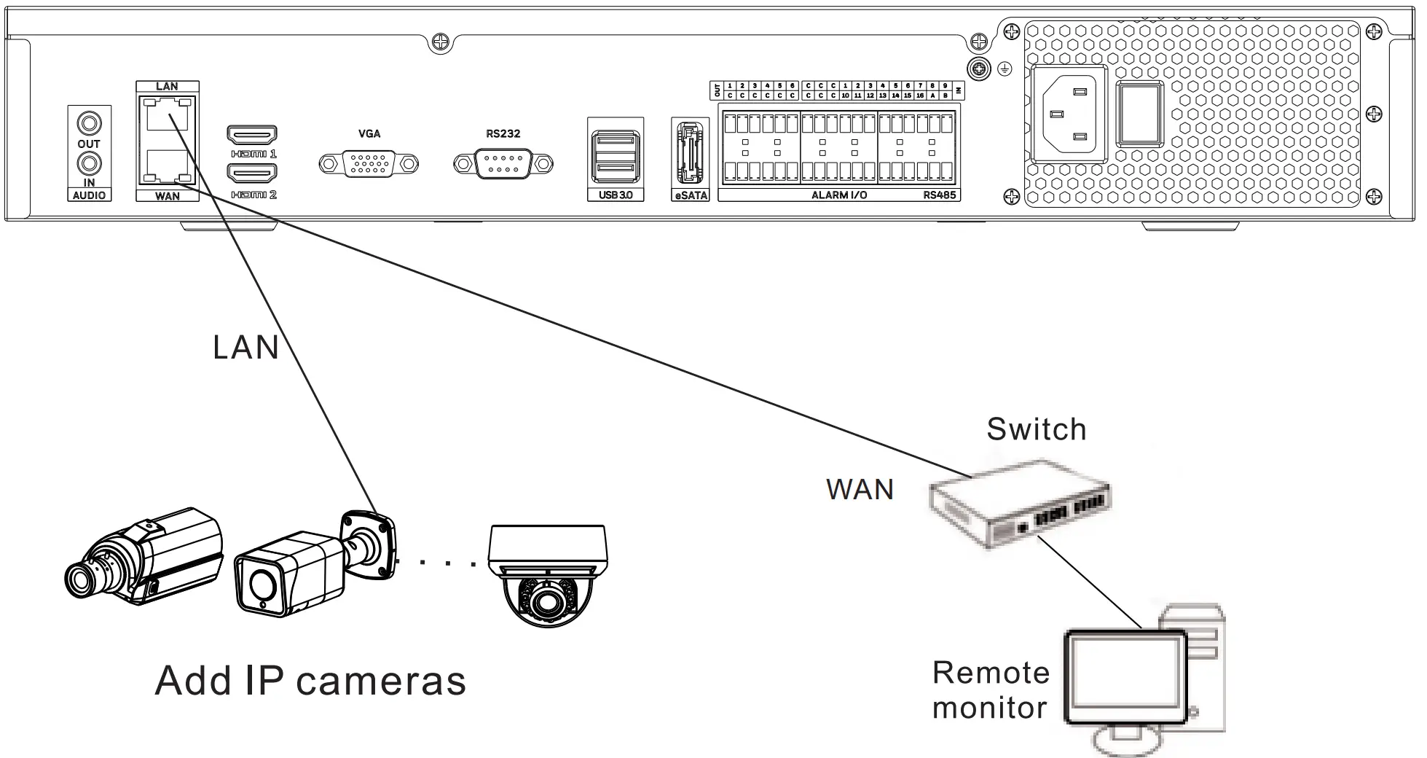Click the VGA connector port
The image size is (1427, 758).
tap(369, 163)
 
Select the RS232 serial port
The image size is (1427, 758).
tap(503, 163)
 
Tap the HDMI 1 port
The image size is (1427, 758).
tap(252, 135)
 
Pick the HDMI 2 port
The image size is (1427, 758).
tap(252, 173)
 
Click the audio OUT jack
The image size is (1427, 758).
tap(90, 122)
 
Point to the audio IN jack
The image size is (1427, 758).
tap(90, 163)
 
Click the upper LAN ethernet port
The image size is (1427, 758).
tap(167, 115)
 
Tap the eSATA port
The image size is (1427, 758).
tap(689, 153)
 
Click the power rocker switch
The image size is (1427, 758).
tap(1140, 114)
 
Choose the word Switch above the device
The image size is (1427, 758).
tap(1036, 429)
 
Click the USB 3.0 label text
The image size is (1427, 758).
tap(615, 195)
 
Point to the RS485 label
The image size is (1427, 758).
tap(939, 195)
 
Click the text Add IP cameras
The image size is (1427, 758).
tap(311, 681)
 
